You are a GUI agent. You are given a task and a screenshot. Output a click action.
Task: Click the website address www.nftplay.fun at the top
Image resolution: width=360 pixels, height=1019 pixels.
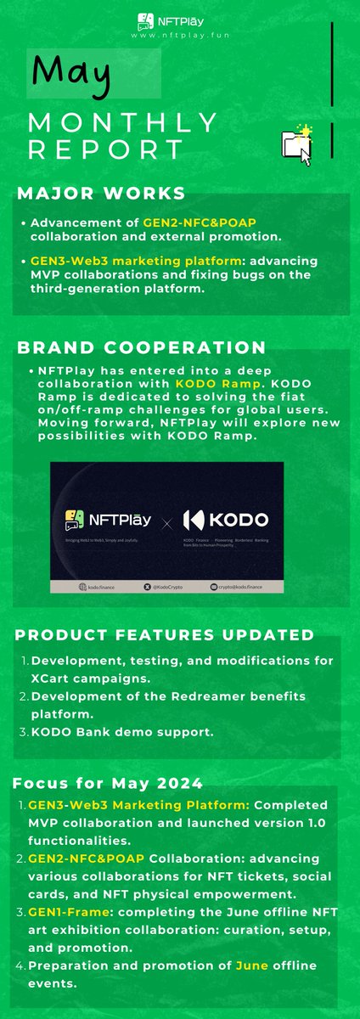point(179,38)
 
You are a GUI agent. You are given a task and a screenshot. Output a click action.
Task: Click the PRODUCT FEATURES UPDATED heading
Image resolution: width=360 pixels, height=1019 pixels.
point(165,635)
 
